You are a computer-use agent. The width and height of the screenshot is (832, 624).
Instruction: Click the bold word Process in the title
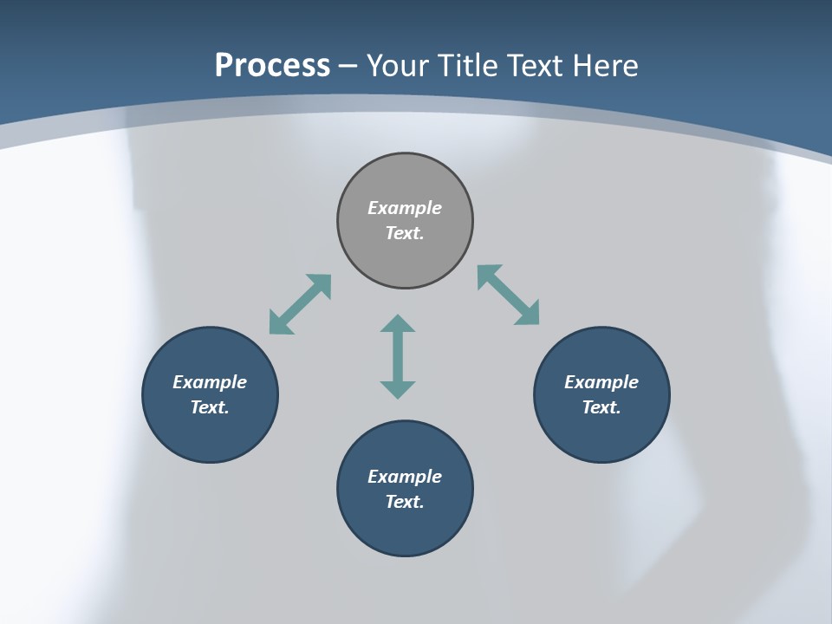[x=272, y=66]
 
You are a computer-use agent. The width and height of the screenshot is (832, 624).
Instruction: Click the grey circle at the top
[x=405, y=178]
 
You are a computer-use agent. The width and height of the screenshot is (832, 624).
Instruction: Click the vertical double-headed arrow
[x=398, y=356]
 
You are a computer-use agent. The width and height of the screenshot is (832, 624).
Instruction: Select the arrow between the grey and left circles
[x=301, y=304]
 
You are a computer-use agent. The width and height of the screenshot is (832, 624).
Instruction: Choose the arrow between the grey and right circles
[x=508, y=295]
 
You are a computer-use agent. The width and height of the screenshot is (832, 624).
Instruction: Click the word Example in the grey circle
[x=405, y=208]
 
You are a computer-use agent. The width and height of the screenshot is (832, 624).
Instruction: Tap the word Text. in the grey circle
[x=405, y=233]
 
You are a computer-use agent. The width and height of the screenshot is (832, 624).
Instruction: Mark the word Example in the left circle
[x=210, y=382]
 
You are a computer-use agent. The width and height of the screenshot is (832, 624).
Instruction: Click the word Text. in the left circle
[x=210, y=407]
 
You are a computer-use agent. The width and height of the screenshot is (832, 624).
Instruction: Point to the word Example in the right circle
[x=601, y=382]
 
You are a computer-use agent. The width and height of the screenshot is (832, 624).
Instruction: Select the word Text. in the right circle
[x=601, y=407]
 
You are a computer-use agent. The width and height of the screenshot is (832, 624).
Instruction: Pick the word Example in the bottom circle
[x=405, y=477]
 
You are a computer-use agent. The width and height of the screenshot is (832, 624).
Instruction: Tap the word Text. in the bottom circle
[x=405, y=502]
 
